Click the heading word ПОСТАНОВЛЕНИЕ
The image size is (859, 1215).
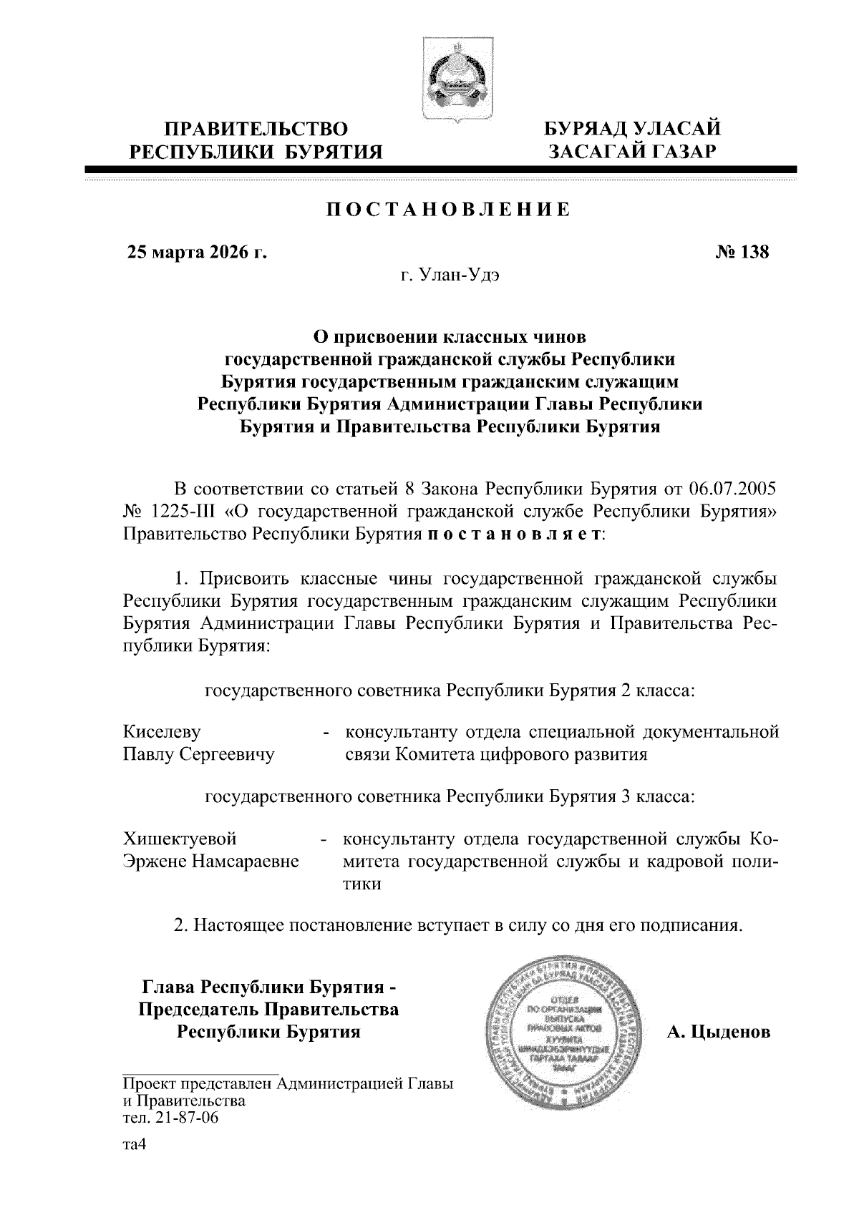448,210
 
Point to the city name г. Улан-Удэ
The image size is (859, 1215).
449,275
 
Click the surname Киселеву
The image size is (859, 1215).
162,732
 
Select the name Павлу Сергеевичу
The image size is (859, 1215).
199,754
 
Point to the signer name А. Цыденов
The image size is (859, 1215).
718,1032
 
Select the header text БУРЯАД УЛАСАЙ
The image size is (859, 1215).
633,130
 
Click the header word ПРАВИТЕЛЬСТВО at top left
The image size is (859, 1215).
256,130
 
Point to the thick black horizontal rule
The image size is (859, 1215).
440,170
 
